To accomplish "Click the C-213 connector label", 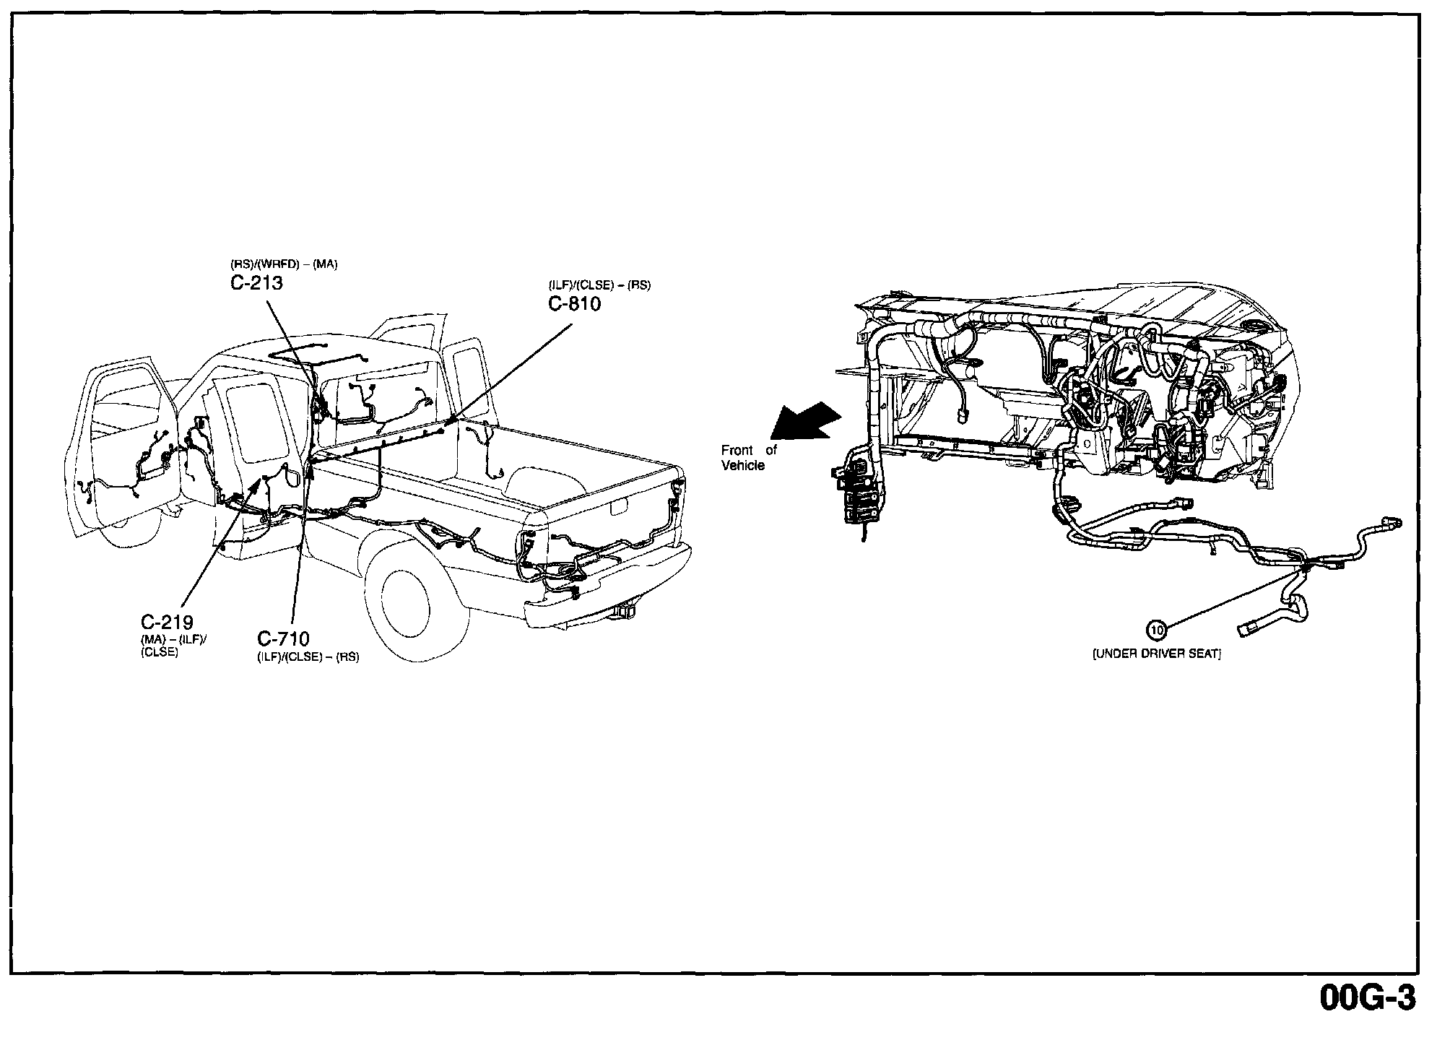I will click(x=256, y=283).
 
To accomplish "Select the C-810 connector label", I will click(x=574, y=303).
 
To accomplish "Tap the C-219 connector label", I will click(x=166, y=622).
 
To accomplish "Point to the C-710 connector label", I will click(x=283, y=638).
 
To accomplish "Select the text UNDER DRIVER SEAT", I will click(x=1156, y=654).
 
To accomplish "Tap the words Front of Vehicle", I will click(x=747, y=458).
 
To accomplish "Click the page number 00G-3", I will click(x=1368, y=999).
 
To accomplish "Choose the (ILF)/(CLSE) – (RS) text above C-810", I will click(x=599, y=285).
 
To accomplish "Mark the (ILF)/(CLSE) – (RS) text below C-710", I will click(x=308, y=658).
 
